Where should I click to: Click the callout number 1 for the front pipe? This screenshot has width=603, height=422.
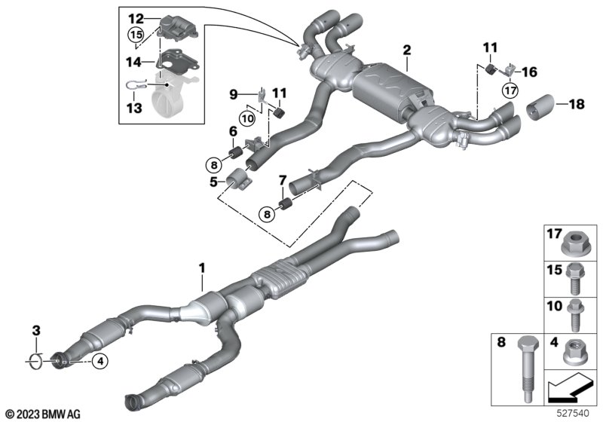(x=201, y=268)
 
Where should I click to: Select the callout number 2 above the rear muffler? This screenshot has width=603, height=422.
(x=407, y=50)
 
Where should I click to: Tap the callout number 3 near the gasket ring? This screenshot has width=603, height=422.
(x=35, y=331)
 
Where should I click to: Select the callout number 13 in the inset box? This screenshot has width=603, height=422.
(x=134, y=109)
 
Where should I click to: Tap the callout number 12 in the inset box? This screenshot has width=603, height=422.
(x=135, y=17)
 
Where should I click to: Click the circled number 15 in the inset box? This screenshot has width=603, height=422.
(x=135, y=35)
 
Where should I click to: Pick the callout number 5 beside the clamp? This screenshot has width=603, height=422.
(x=214, y=182)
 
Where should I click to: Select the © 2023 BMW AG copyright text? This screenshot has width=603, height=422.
(x=41, y=413)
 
